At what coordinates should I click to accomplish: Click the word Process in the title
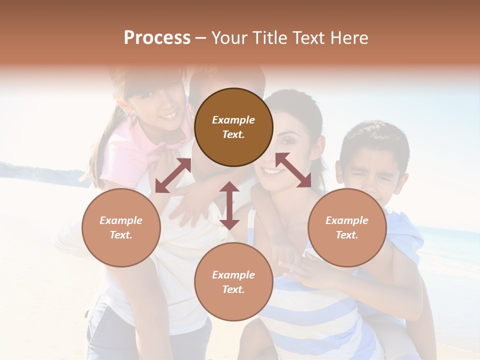pos(157,38)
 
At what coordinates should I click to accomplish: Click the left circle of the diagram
pos(121,227)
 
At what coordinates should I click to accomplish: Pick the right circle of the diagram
pos(347,227)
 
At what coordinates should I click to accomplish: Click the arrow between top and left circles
pos(173,175)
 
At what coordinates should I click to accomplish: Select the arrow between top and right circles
pos(293,170)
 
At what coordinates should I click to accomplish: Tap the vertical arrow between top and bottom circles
pos(229,205)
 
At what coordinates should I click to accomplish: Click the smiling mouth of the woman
pos(272,172)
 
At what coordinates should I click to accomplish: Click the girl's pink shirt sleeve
pos(120,160)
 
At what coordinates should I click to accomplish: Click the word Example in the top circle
pos(233,120)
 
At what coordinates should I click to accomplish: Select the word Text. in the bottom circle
pos(233,289)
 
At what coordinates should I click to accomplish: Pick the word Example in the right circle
pos(347,220)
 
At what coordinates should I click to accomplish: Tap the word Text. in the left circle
pos(121,235)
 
